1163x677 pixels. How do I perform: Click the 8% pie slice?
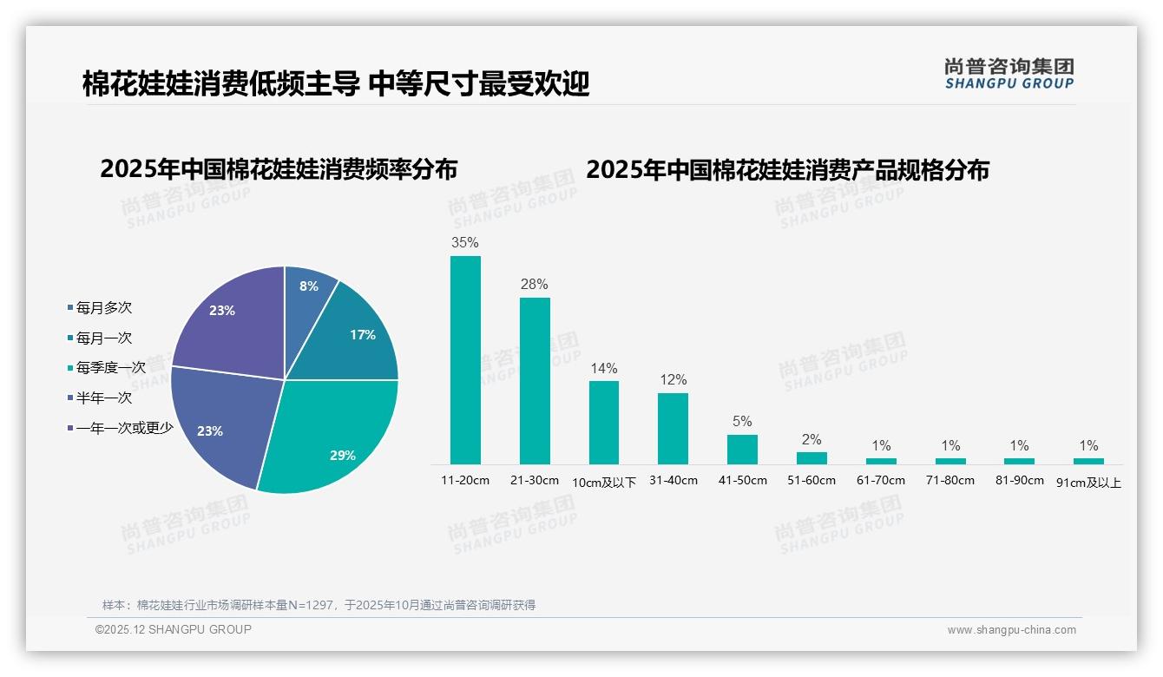point(307,291)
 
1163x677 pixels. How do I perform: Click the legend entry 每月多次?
point(103,308)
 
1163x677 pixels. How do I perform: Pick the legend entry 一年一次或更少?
point(124,428)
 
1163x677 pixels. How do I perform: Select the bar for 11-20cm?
point(465,359)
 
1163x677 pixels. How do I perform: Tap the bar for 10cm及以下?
point(604,422)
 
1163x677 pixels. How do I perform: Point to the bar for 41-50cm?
point(742,449)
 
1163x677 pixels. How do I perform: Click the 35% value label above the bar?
point(465,243)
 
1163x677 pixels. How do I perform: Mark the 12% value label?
point(673,380)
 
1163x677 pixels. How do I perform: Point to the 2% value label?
point(811,440)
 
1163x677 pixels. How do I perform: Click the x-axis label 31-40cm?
point(673,481)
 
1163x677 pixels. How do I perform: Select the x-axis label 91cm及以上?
point(1088,483)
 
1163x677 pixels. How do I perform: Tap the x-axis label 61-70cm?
point(881,481)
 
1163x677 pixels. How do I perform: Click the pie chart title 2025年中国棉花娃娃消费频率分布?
point(279,169)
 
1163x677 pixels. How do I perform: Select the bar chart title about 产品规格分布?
point(787,170)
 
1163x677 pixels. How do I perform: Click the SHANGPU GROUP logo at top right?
point(1009,75)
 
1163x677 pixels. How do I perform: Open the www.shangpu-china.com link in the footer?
point(1011,630)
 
